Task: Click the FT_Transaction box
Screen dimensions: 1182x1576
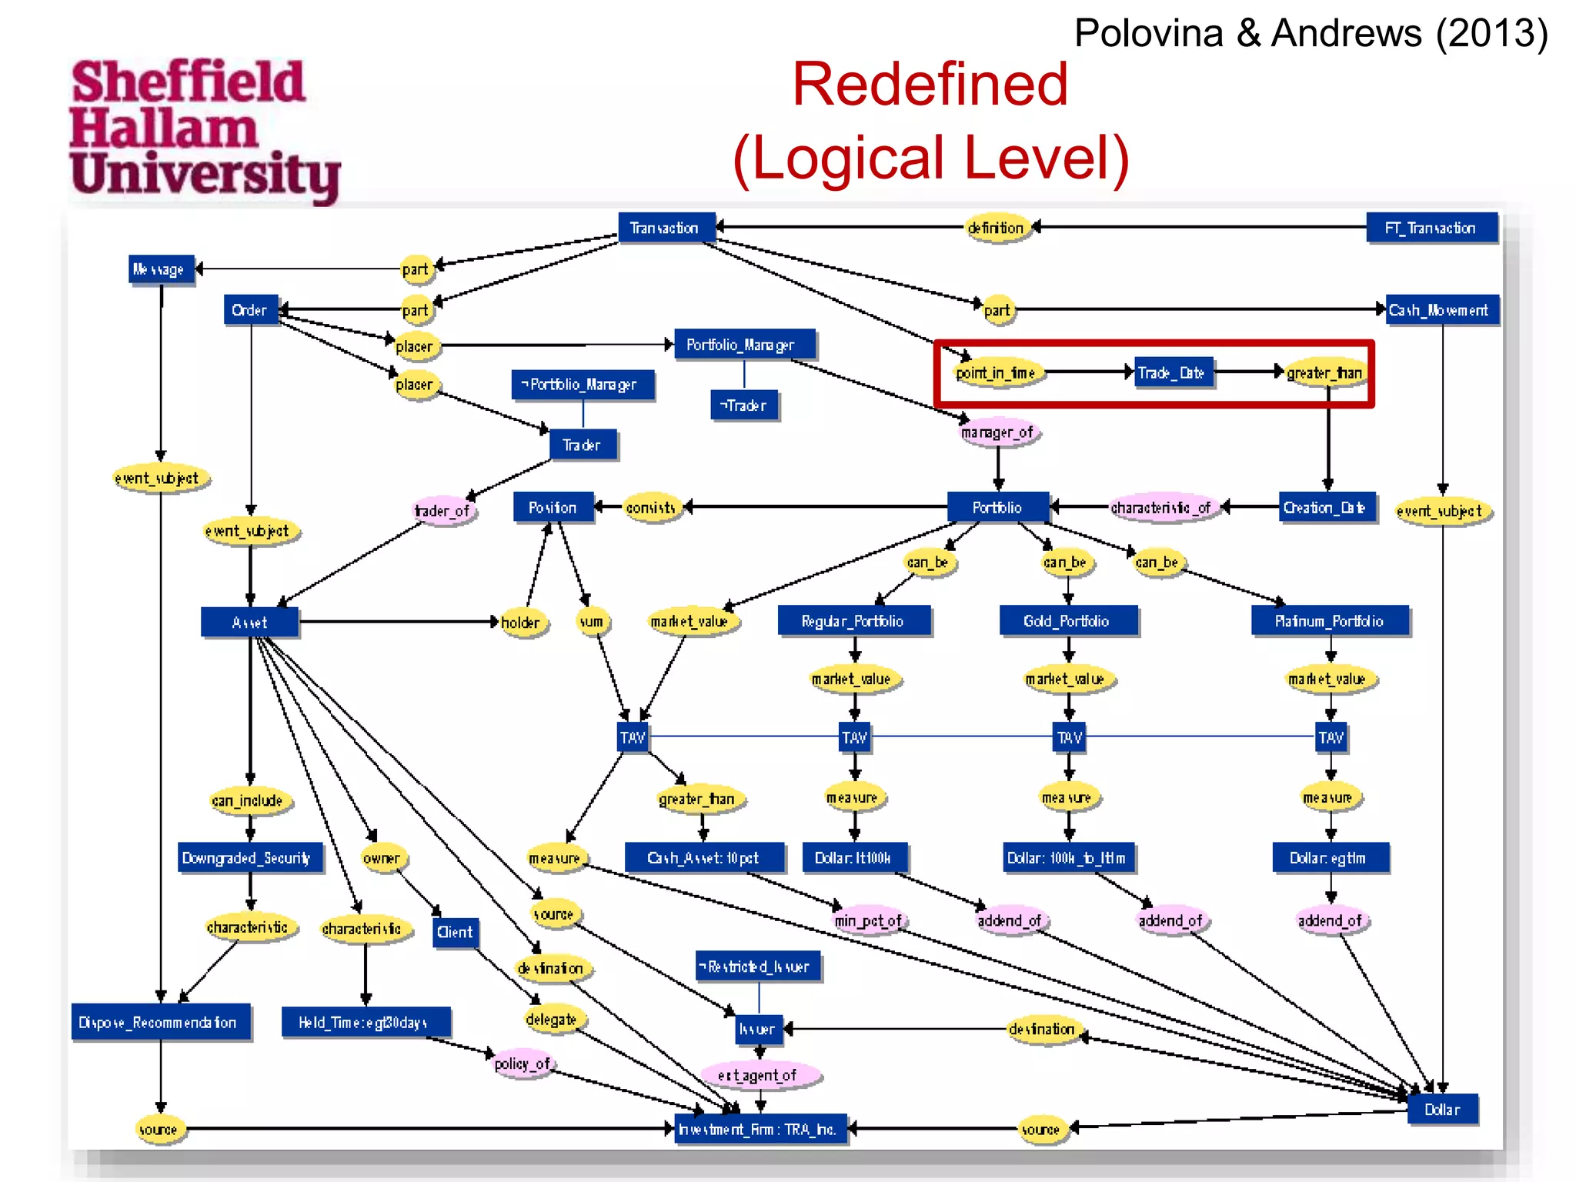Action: tap(1431, 228)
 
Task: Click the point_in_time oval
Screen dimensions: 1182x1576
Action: tap(996, 373)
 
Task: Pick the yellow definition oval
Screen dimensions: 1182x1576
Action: tap(996, 228)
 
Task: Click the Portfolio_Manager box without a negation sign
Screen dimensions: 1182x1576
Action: tap(743, 345)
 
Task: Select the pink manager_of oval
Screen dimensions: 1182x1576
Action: tap(997, 432)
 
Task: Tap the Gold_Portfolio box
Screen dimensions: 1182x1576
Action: tap(1067, 621)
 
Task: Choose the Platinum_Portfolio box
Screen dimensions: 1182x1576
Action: tap(1329, 621)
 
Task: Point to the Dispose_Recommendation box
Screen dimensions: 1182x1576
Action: tap(160, 1022)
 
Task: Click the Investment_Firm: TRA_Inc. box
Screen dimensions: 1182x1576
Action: tap(759, 1129)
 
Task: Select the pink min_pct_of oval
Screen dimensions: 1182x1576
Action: tap(869, 920)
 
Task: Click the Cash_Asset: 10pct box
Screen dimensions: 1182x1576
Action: tap(703, 857)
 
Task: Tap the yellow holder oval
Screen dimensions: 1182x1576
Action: tap(522, 622)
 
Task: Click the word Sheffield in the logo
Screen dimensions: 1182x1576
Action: tap(188, 82)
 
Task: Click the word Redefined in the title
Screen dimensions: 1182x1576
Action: tap(930, 84)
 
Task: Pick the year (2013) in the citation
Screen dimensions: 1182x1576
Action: tap(1491, 34)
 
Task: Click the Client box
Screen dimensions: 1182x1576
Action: tap(455, 933)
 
